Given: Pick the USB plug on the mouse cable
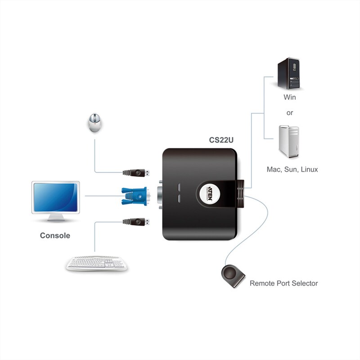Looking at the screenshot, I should pyautogui.click(x=138, y=172).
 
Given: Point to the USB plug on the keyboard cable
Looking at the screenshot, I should pyautogui.click(x=138, y=221).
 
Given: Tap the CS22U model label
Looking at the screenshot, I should pyautogui.click(x=221, y=140).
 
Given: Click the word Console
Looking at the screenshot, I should pyautogui.click(x=55, y=235).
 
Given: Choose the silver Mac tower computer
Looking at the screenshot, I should pyautogui.click(x=289, y=142).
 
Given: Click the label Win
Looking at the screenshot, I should pyautogui.click(x=290, y=97).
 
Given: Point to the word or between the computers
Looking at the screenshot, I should pyautogui.click(x=290, y=113).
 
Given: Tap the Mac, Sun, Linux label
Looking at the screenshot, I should pyautogui.click(x=292, y=170).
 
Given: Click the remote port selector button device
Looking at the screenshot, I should pyautogui.click(x=233, y=276).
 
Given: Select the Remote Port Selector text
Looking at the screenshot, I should pyautogui.click(x=283, y=283).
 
